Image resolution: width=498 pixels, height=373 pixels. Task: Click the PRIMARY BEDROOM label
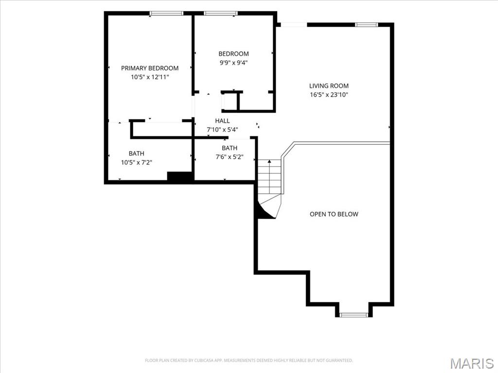(x=150, y=68)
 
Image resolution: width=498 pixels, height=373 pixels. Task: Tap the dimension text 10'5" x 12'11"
(x=150, y=77)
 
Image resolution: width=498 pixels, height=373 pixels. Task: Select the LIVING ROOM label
(x=329, y=85)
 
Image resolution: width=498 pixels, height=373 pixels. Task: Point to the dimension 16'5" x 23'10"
(x=329, y=95)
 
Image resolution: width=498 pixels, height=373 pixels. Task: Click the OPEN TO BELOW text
(x=334, y=214)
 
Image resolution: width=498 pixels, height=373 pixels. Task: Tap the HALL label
(x=222, y=121)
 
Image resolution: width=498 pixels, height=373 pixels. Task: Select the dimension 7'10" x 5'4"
(x=222, y=129)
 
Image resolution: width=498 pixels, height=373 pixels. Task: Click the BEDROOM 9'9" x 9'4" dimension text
(x=233, y=63)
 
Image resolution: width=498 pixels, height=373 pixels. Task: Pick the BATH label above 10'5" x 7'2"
(x=137, y=153)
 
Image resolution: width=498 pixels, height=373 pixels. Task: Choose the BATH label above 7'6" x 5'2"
(x=230, y=148)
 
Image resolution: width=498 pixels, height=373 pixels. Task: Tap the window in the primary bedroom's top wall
(x=166, y=13)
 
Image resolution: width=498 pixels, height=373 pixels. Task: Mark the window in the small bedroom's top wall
(x=220, y=13)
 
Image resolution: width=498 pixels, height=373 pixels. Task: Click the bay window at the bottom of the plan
(x=354, y=315)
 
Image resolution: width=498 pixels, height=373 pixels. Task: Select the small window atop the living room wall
(x=367, y=25)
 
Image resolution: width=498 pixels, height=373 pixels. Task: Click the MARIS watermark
(x=471, y=363)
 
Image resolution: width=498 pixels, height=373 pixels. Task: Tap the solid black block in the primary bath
(x=180, y=176)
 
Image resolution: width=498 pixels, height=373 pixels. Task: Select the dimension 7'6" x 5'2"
(x=230, y=157)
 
